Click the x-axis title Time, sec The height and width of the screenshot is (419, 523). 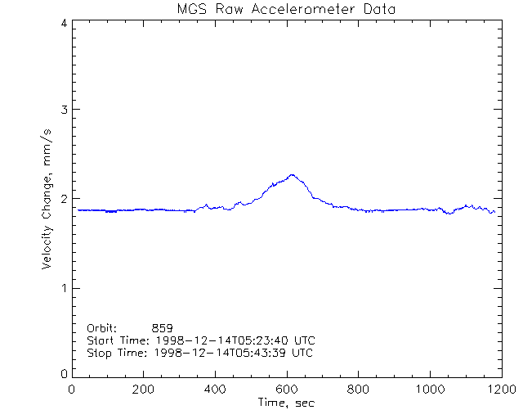[286, 403]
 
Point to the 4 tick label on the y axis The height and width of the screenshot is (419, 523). [63, 23]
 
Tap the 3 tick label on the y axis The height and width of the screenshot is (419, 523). [63, 110]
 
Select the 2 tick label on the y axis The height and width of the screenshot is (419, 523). [63, 199]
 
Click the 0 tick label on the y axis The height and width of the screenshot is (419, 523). [63, 374]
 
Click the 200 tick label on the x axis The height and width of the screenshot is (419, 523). [144, 390]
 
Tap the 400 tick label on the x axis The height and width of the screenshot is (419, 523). [215, 390]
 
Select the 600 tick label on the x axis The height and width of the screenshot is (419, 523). [286, 390]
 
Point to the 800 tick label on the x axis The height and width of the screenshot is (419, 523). [358, 390]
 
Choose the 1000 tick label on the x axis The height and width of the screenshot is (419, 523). [429, 390]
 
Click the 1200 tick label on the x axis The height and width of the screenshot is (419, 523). [500, 390]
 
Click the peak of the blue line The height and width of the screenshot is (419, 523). [292, 174]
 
